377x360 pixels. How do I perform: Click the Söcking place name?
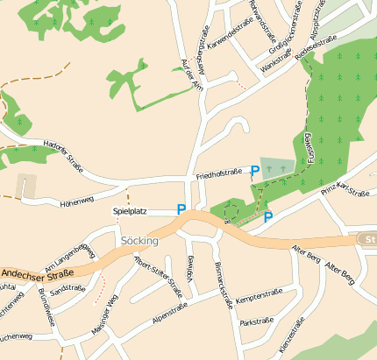click(x=139, y=240)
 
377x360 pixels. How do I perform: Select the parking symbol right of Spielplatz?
click(x=181, y=210)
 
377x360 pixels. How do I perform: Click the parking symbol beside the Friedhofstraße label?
click(x=255, y=171)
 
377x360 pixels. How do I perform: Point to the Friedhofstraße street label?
click(x=218, y=174)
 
